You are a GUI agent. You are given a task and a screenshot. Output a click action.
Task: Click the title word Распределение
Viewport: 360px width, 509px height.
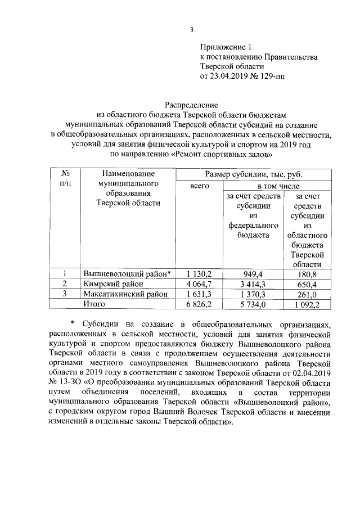coord(191,105)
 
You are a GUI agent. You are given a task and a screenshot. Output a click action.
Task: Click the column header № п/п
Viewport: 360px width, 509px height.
coord(65,179)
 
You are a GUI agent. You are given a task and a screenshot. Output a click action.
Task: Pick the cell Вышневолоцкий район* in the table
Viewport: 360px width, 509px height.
coord(127,273)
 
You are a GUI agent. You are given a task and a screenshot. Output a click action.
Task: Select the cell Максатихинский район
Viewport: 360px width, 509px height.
coord(125,294)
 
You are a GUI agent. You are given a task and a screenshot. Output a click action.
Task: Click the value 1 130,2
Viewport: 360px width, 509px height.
coord(199,273)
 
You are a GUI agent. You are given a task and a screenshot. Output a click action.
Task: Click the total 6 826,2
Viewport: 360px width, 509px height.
coord(199,304)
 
